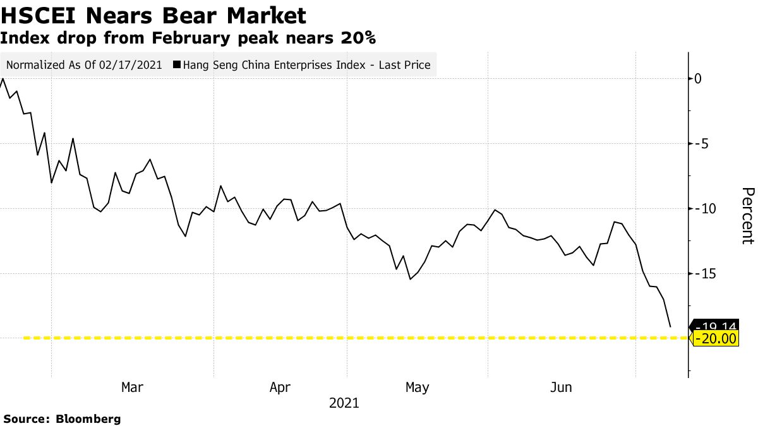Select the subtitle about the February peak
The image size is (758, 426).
coord(188,38)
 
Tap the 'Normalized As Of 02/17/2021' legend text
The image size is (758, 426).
coord(84,64)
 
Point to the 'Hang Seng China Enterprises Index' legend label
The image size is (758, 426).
coord(306,64)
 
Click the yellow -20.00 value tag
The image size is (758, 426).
coord(716,339)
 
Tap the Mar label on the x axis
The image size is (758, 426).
coord(132,387)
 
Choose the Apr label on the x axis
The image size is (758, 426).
coord(280,387)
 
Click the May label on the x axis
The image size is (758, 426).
coord(417,387)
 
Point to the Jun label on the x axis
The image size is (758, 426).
coord(561,387)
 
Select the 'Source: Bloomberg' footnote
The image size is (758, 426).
coord(62,418)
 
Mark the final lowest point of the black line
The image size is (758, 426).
coord(670,327)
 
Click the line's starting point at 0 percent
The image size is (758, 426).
coord(3,79)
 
